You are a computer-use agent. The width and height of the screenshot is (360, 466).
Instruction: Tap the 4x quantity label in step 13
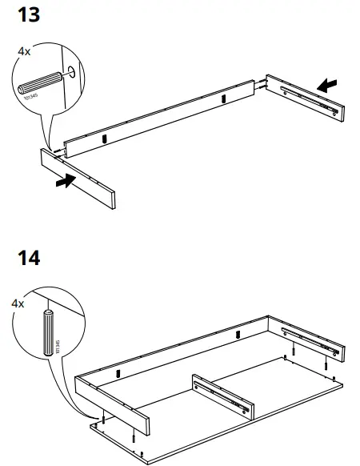24,50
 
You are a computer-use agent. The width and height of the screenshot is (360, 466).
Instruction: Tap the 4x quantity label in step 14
18,304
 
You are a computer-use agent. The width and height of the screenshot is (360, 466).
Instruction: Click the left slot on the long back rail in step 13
105,139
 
